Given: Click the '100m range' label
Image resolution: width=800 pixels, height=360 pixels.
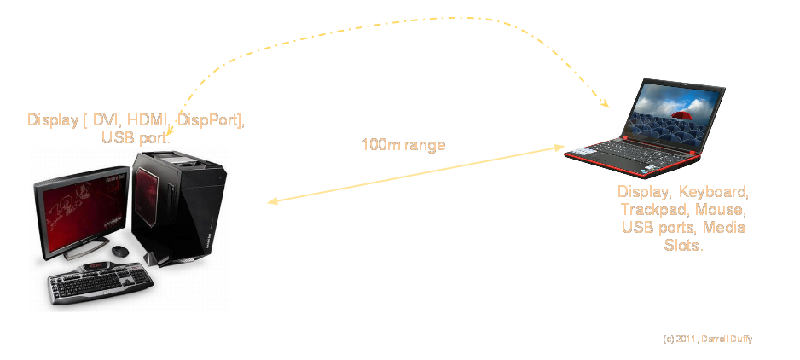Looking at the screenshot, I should (x=403, y=145).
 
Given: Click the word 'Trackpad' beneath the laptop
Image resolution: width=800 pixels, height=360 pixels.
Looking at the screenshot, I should (x=654, y=210).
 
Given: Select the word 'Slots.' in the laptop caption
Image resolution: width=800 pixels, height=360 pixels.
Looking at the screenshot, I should (x=684, y=246).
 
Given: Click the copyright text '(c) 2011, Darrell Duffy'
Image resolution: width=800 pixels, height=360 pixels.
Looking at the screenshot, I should (x=707, y=339).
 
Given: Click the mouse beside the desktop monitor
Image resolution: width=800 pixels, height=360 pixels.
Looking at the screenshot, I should (x=120, y=251).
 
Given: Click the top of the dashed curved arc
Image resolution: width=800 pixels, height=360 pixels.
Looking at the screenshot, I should (x=443, y=16).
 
